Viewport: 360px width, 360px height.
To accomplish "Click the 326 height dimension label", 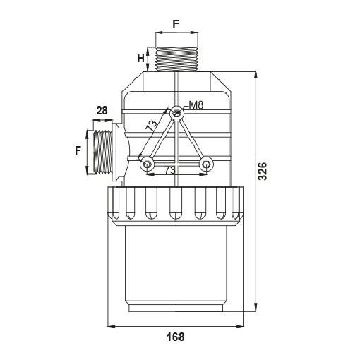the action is [x=263, y=171].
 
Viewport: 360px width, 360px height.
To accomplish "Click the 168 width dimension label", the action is [x=176, y=337].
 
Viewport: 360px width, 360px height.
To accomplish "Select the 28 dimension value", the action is [x=102, y=110].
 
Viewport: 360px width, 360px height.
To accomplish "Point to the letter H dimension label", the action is [x=140, y=59].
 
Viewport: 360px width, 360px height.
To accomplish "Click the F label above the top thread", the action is [x=176, y=24].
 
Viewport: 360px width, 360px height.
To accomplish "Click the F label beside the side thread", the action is [x=78, y=150].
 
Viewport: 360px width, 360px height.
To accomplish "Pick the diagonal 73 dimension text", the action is [x=151, y=126].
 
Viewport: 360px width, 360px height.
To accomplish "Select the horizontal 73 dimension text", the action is [x=170, y=170].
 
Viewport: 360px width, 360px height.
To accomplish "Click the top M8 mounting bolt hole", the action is [x=176, y=114].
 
